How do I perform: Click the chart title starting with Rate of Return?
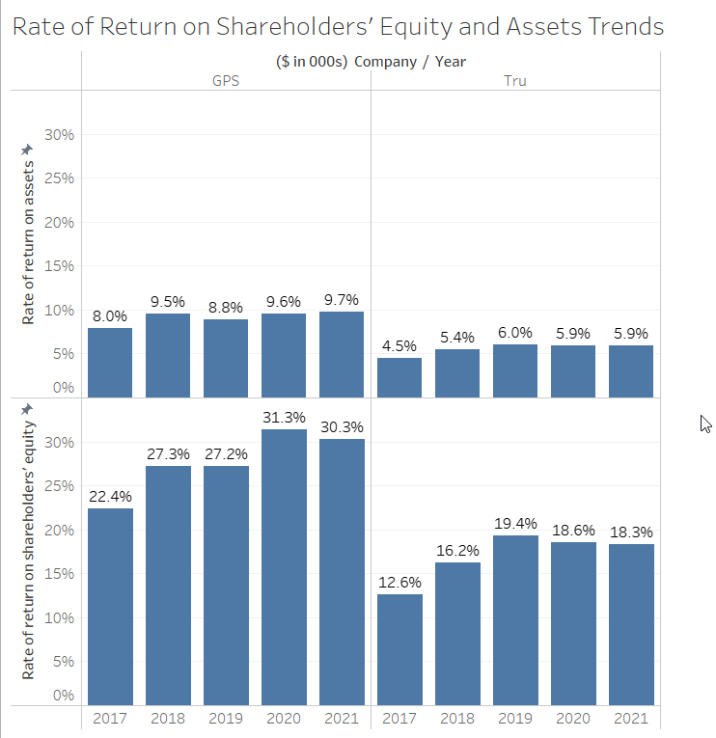click(338, 26)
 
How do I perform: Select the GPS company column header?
click(226, 80)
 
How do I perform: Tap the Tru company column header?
click(515, 80)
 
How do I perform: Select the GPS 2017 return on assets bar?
click(110, 363)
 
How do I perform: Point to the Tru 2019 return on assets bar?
click(515, 371)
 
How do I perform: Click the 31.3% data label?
click(284, 418)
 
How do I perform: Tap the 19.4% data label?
click(515, 523)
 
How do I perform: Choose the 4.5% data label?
click(399, 345)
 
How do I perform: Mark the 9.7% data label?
click(342, 300)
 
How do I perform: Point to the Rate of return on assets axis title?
click(28, 242)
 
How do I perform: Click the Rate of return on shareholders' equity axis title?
click(28, 550)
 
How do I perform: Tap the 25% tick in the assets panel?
click(61, 178)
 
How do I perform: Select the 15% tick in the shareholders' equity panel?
click(61, 574)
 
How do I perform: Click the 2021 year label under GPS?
click(342, 719)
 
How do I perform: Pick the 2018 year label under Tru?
click(457, 719)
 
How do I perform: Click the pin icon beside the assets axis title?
click(28, 149)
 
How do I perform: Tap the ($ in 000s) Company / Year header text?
click(371, 62)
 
